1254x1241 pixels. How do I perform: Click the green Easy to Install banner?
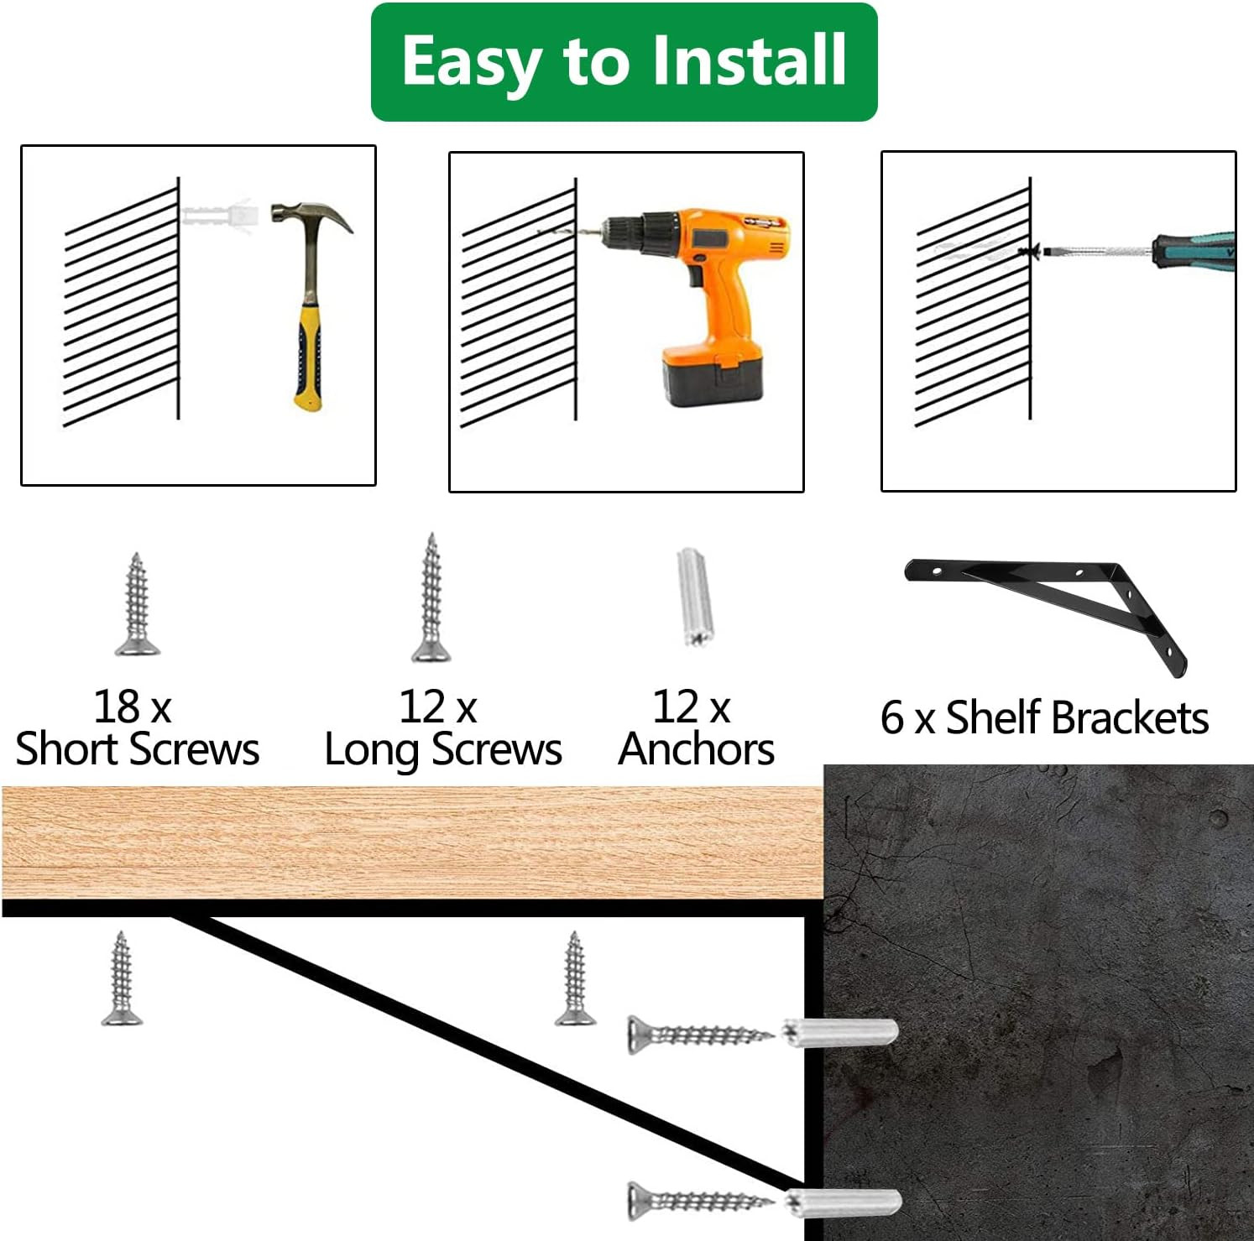[624, 62]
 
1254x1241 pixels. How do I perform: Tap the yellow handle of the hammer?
[308, 352]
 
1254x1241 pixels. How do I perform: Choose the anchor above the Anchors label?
[694, 597]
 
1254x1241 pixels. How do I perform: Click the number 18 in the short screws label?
[117, 707]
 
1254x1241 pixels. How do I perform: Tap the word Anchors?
[696, 748]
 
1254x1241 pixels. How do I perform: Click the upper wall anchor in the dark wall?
[839, 1031]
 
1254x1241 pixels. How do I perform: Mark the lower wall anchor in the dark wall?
[843, 1202]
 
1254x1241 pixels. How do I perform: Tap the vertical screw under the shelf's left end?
[122, 978]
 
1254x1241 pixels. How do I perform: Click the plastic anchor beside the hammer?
[217, 216]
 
